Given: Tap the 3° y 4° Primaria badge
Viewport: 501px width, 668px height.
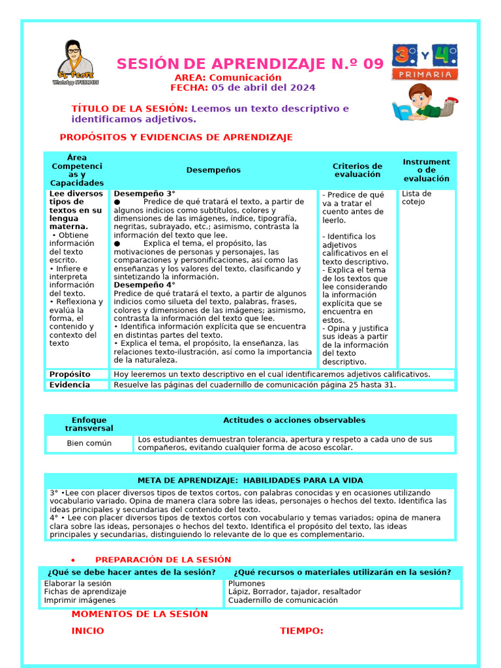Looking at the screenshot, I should point(425,62).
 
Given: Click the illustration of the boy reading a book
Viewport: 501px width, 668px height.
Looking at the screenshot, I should point(424,104).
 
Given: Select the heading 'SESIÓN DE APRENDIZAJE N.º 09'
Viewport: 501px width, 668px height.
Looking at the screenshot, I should point(250,64).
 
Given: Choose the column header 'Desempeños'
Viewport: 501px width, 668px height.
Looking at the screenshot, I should point(213,170).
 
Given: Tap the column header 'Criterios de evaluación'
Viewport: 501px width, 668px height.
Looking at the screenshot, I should point(357,170).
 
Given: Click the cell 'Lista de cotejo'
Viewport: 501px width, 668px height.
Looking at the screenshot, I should point(416,198).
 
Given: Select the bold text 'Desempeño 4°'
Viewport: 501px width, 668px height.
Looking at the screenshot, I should point(145,285).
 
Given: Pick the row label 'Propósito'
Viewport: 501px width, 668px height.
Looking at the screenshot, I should point(70,374).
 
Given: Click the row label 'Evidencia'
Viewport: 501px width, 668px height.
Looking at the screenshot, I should point(70,385).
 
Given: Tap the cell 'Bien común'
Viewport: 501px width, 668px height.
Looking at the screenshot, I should point(89,444).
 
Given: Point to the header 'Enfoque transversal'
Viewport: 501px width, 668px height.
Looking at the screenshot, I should point(89,424).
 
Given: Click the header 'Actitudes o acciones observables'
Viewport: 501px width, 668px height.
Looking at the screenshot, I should point(294,420).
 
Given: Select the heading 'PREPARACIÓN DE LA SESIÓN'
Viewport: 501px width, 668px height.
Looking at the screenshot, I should point(163,560).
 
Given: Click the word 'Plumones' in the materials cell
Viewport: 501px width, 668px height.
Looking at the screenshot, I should point(247,583).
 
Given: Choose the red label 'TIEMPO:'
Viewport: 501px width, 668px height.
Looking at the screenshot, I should point(301,631).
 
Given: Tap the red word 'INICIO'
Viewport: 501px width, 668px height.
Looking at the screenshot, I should point(87,631).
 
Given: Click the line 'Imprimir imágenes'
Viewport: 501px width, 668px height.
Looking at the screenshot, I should point(80,600).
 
